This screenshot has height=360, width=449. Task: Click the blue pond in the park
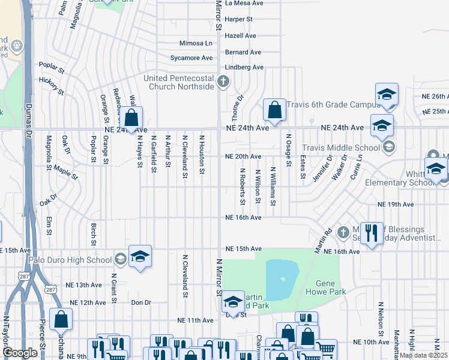pos(282,279)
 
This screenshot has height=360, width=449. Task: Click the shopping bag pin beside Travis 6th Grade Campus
pos(274,110)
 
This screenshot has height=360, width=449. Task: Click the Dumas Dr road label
pos(28,120)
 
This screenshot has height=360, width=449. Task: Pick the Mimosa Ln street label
pos(196,43)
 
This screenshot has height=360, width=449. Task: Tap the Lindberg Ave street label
pos(244,67)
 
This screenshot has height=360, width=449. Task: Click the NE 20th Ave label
pos(243,156)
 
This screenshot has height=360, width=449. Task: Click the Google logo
pos(20,353)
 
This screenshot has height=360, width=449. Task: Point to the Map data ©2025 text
pos(423,355)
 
